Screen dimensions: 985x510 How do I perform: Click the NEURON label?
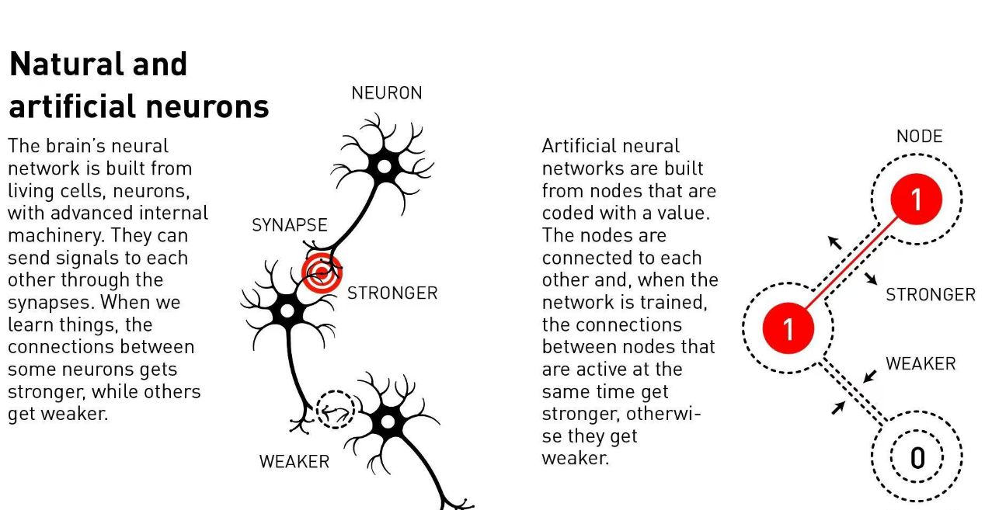pyautogui.click(x=387, y=93)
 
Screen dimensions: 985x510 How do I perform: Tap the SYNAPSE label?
pyautogui.click(x=289, y=225)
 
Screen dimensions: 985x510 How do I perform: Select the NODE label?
pyautogui.click(x=920, y=137)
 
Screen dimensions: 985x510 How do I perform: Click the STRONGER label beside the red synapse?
pyautogui.click(x=392, y=293)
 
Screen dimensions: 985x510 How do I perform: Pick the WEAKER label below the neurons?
pyautogui.click(x=294, y=462)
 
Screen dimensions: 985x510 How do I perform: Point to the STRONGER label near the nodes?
pyautogui.click(x=931, y=295)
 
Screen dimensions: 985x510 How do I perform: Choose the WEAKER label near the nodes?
pyautogui.click(x=921, y=364)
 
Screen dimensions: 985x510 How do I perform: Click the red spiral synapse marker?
pyautogui.click(x=322, y=272)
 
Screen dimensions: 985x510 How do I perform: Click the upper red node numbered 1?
pyautogui.click(x=917, y=199)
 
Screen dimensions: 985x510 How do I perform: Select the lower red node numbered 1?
pyautogui.click(x=788, y=328)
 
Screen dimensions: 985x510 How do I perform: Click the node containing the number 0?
pyautogui.click(x=917, y=457)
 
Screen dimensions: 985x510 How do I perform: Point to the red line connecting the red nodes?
pyautogui.click(x=852, y=263)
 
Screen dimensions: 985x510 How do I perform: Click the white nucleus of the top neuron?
pyautogui.click(x=385, y=167)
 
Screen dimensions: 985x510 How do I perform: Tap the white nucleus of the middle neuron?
pyautogui.click(x=287, y=311)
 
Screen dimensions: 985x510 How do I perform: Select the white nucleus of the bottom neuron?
pyautogui.click(x=388, y=422)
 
